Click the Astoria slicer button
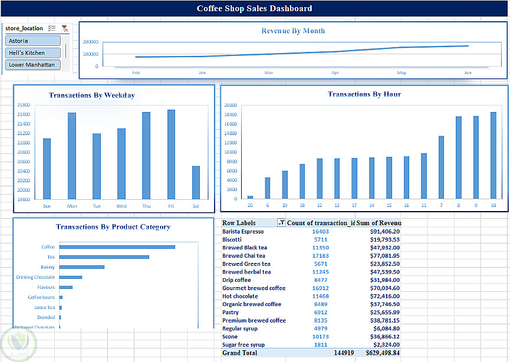[x=33, y=41]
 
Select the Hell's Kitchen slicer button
[x=33, y=53]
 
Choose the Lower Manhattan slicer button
[x=33, y=65]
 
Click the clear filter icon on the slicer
[x=65, y=28]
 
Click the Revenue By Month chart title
[x=293, y=31]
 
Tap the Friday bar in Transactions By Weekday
[x=171, y=154]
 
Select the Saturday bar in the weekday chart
[x=196, y=183]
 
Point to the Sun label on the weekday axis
[x=47, y=206]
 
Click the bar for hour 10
[x=493, y=155]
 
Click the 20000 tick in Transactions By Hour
[x=231, y=106]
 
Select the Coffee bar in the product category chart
[x=117, y=247]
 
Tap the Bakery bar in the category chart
[x=81, y=267]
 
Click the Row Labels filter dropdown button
[x=281, y=223]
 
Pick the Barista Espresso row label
[x=243, y=232]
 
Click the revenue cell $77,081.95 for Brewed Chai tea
[x=384, y=256]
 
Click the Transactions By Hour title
[x=364, y=94]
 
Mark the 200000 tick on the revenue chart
[x=90, y=42]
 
